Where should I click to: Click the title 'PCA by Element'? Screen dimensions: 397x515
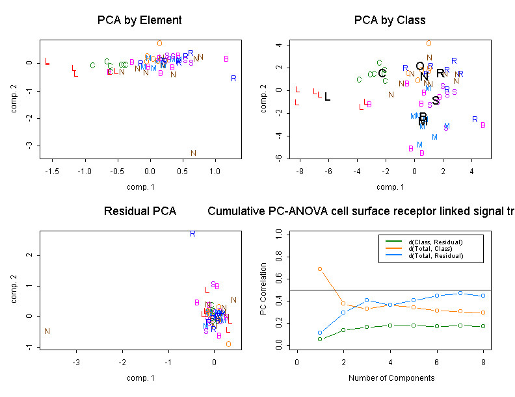click(x=139, y=20)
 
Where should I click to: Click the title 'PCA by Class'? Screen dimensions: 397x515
click(x=390, y=20)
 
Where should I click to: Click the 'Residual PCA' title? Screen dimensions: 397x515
click(x=140, y=211)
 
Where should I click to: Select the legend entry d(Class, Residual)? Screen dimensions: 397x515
click(x=436, y=242)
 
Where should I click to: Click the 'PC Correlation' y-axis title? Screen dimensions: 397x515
click(x=263, y=289)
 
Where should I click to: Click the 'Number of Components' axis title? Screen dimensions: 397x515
click(x=391, y=378)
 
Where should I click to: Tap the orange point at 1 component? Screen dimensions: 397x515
click(x=320, y=268)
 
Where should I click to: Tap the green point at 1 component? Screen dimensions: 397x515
click(x=320, y=339)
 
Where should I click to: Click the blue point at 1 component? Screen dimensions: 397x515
click(x=320, y=333)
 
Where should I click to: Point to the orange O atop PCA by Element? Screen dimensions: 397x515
click(x=159, y=44)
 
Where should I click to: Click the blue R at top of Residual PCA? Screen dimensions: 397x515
click(x=192, y=233)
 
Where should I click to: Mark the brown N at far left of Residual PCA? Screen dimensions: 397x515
click(x=47, y=331)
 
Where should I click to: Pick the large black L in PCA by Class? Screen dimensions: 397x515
click(x=327, y=97)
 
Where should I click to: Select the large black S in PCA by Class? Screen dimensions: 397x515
click(x=436, y=101)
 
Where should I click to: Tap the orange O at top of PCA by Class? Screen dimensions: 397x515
click(x=429, y=44)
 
